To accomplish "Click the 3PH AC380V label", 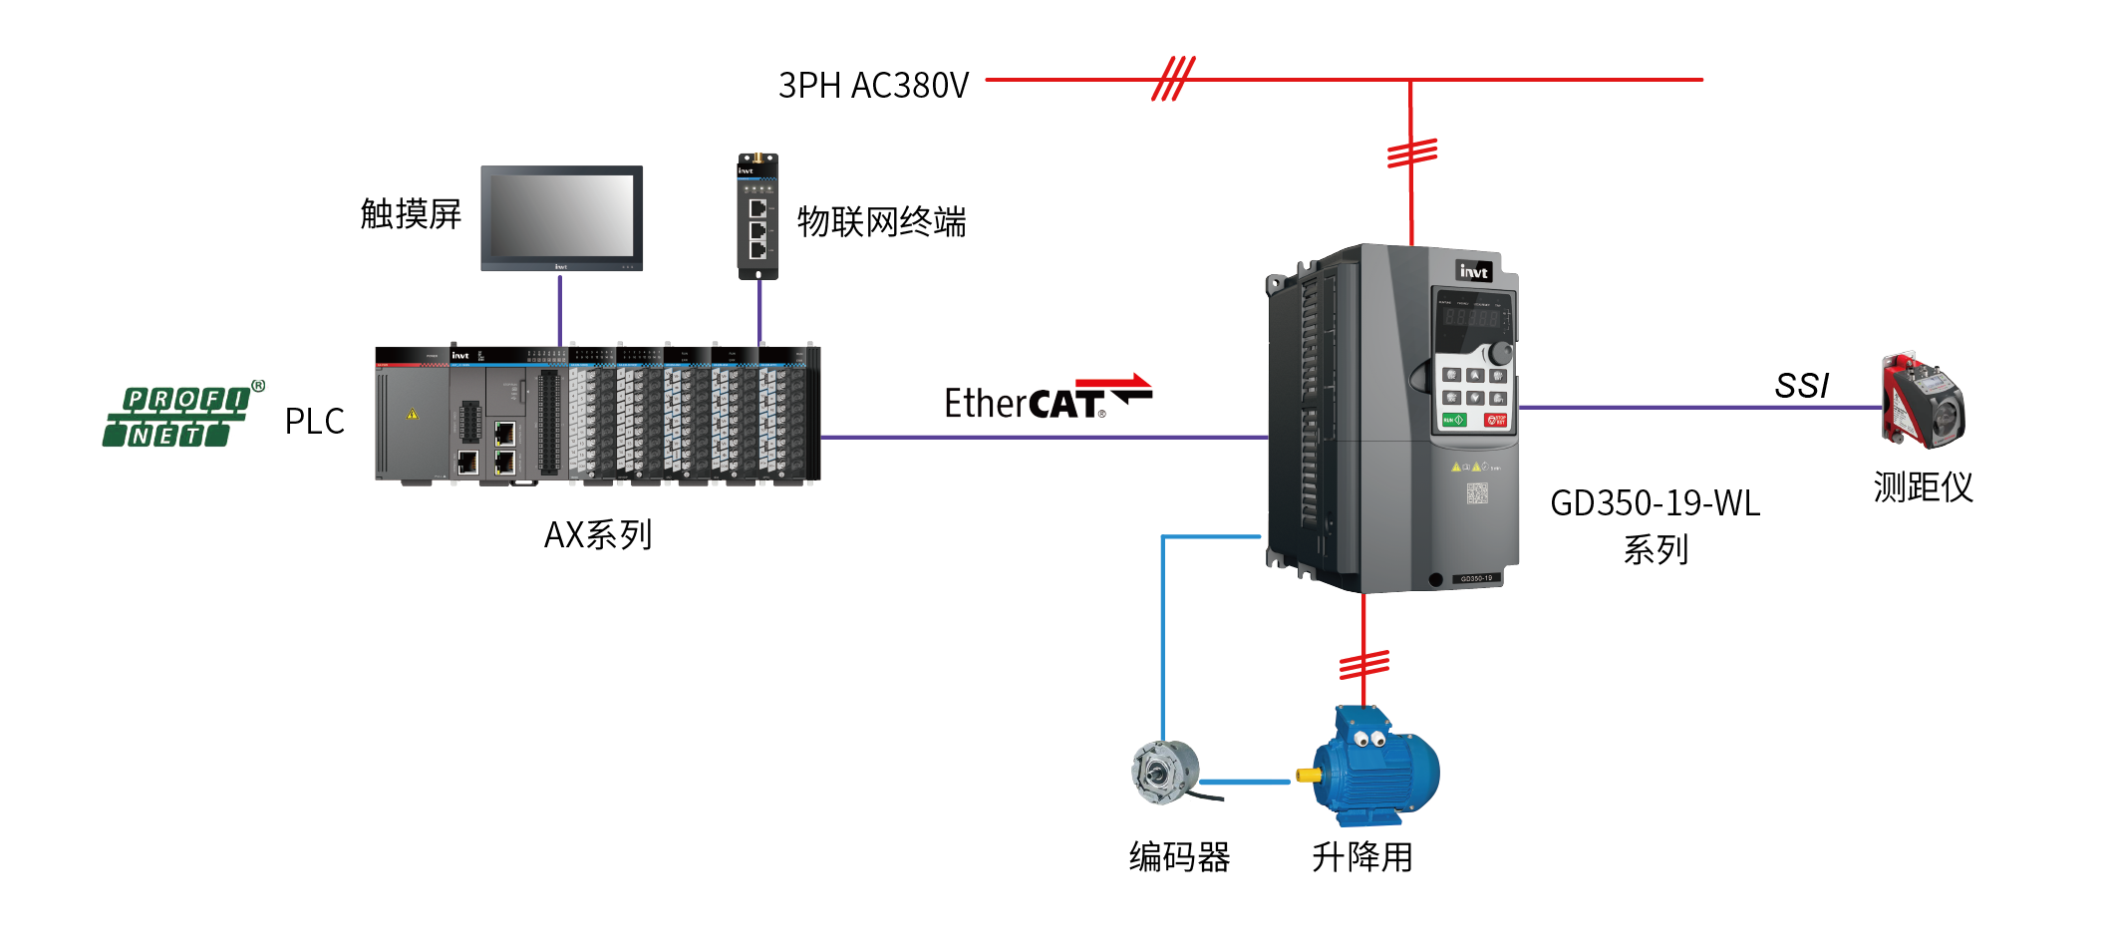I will (x=873, y=86).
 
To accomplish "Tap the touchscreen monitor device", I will (x=561, y=217).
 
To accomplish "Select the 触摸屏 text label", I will (x=411, y=213).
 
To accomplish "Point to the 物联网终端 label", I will (x=881, y=221).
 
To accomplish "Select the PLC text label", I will (x=314, y=422).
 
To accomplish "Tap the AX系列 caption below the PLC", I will (x=598, y=535).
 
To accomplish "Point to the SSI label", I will (x=1801, y=386).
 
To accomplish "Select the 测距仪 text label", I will (x=1923, y=487).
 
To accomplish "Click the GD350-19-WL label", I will (x=1655, y=503).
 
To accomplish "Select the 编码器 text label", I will (x=1179, y=857).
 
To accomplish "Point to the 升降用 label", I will (x=1361, y=857).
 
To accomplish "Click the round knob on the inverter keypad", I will (x=1498, y=353).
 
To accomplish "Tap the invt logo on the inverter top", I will (x=1473, y=271).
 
